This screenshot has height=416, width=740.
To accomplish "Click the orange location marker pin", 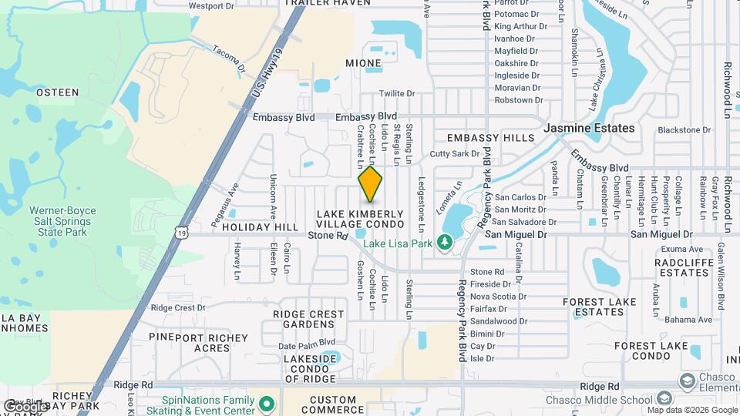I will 371,183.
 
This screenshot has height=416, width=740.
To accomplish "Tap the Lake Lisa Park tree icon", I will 444,243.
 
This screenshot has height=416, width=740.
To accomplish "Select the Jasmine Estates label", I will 590,128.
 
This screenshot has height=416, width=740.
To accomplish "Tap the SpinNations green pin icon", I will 267,403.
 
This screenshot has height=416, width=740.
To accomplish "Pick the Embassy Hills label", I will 491,138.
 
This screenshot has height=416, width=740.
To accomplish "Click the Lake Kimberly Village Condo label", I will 360,218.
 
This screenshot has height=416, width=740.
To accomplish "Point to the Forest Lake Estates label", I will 604,307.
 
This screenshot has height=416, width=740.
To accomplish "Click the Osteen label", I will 58,92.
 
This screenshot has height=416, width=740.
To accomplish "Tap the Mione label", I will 363,63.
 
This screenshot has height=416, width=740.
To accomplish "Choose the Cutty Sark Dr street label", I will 454,154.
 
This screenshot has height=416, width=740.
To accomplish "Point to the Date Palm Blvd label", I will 307,342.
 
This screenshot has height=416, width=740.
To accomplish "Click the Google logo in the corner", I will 25,406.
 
